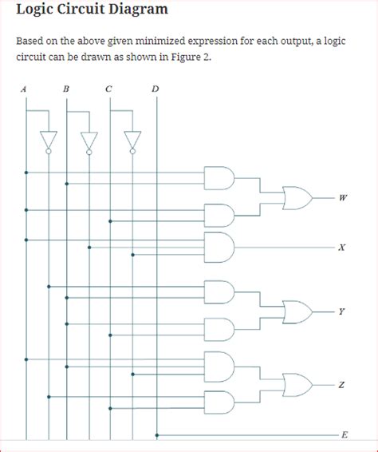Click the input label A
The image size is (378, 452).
24,89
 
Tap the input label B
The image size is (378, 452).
66,89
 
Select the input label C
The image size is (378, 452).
108,89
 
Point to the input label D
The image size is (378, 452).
156,89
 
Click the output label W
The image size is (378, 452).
343,198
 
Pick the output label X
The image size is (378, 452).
342,248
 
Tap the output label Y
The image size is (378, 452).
341,311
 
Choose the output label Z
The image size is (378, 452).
341,385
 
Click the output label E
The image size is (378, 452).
345,434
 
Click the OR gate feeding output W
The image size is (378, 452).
297,198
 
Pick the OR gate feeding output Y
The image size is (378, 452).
297,312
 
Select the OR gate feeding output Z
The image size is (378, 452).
297,385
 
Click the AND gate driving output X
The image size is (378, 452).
219,248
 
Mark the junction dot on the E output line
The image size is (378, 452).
157,435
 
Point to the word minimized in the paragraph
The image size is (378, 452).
160,42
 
